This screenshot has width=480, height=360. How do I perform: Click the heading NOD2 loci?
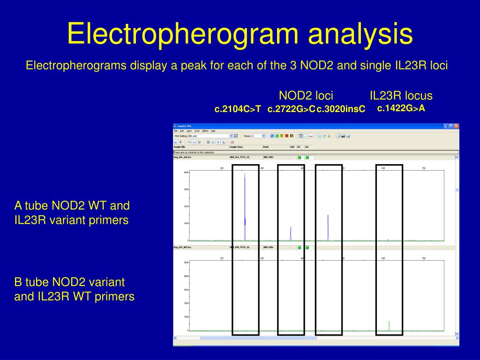[x=306, y=96]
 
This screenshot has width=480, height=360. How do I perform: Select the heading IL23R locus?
[x=401, y=96]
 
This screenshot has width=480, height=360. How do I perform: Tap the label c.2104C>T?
[x=237, y=109]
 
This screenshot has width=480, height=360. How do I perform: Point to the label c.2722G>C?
[x=291, y=109]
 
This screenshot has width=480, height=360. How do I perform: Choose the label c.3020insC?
[x=341, y=109]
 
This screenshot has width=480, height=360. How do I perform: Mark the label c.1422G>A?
[x=401, y=108]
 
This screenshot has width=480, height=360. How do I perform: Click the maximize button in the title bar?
[x=451, y=126]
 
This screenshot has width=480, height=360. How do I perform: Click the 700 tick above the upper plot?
[x=423, y=168]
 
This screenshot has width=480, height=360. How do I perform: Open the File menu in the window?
[x=176, y=131]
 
